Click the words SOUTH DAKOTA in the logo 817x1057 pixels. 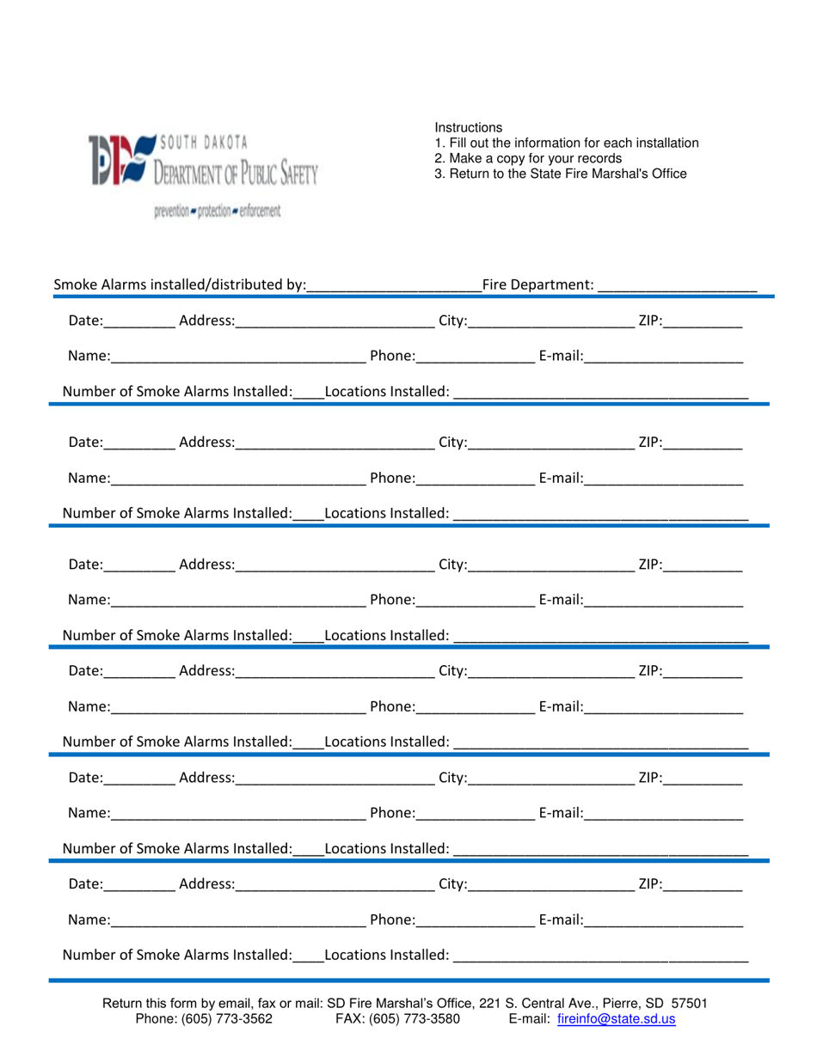pos(203,142)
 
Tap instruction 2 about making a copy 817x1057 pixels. pos(528,158)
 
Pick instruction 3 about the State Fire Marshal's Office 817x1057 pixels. pos(561,174)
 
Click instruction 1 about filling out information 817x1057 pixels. pos(567,144)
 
